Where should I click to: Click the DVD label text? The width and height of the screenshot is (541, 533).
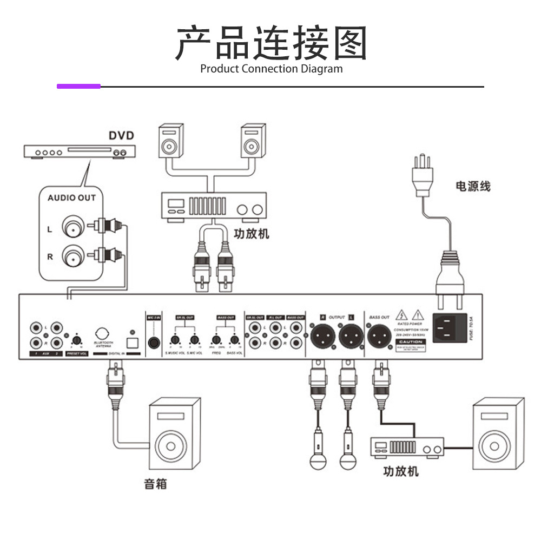[x=121, y=135]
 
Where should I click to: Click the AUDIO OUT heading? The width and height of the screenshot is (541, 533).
[x=71, y=198]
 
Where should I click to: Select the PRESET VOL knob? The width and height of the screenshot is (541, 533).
[x=77, y=340]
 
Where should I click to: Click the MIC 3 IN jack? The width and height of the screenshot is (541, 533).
[x=155, y=341]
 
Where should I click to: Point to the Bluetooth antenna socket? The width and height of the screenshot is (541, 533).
[x=102, y=333]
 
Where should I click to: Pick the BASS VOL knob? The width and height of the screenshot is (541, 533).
[x=235, y=340]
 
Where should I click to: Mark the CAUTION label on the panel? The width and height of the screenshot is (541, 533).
[x=410, y=342]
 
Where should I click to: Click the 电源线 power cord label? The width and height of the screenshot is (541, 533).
[x=473, y=186]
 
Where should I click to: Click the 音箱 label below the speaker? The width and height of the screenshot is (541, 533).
[x=155, y=483]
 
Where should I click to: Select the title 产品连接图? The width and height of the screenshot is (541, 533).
[x=271, y=43]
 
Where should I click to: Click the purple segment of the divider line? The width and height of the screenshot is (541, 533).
[x=79, y=86]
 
